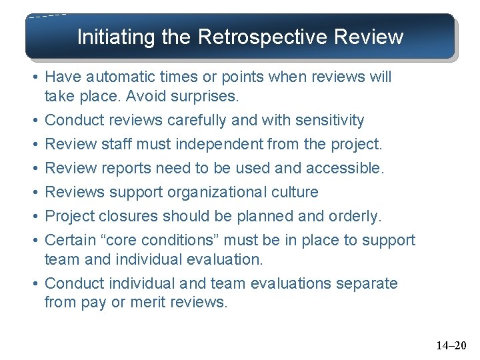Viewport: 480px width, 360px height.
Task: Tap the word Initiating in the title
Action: pyautogui.click(x=117, y=37)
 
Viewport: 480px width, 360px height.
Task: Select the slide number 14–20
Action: pyautogui.click(x=451, y=345)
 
